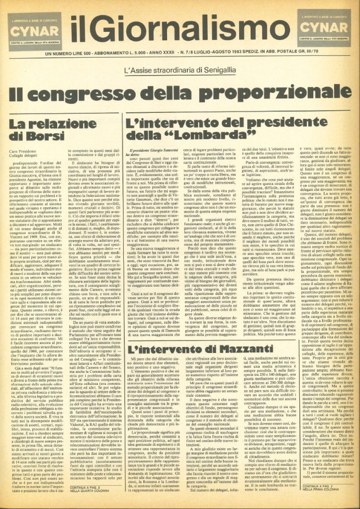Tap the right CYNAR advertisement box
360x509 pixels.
[326, 28]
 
